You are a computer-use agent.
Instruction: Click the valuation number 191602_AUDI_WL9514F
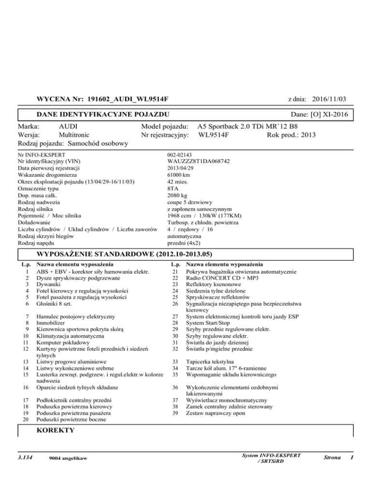coord(128,99)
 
